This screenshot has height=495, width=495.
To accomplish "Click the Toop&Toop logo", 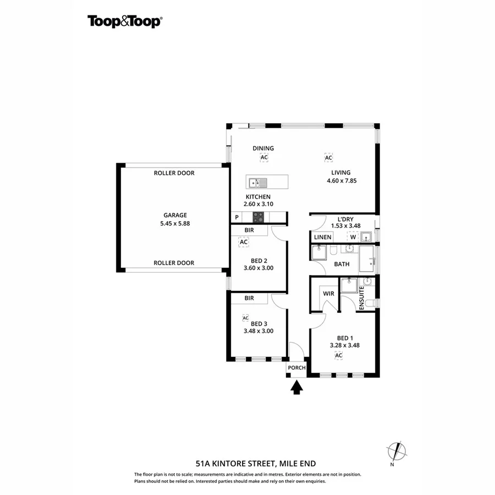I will coord(124,21).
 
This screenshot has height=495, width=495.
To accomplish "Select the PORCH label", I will coord(296,368).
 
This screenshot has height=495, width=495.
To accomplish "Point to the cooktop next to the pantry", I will coord(258,217).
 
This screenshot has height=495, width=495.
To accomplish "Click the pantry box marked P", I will coord(237,217).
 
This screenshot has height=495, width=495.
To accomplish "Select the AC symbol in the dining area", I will coord(264,158).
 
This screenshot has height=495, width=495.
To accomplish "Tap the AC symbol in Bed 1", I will coord(339,355).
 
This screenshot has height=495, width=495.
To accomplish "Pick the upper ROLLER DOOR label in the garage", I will coord(174,173).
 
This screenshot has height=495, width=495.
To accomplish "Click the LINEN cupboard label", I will coord(323,237).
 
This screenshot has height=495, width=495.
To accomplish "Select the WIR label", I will coord(328,294).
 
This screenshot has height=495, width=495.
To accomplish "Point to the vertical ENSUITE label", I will coord(361,299).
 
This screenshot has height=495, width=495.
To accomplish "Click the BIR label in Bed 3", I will coord(249,298).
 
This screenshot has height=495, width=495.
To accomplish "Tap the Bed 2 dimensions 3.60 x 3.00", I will coord(258,268).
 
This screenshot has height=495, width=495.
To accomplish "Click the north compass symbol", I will coord(396,452).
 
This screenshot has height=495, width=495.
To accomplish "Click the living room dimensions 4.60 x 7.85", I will coord(341,180).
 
